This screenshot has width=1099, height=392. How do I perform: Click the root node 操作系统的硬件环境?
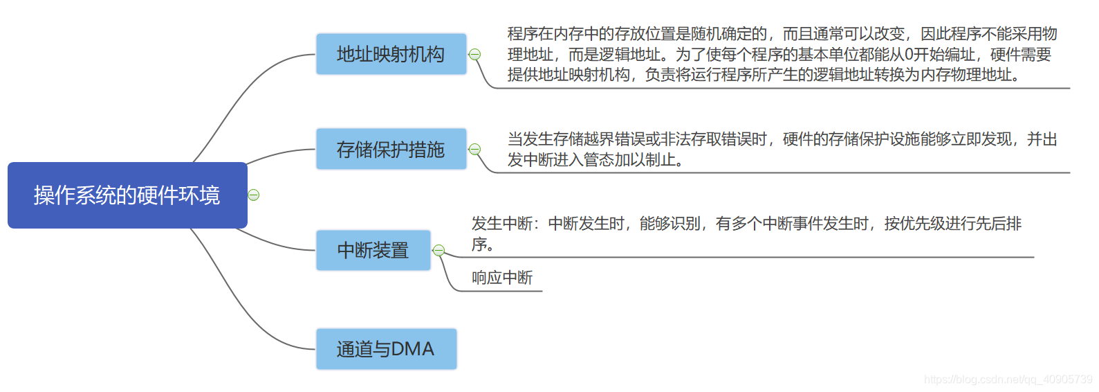click(127, 195)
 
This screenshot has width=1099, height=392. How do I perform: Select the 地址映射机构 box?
click(391, 54)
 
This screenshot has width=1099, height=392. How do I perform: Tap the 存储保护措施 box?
click(391, 149)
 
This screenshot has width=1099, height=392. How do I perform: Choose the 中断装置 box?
click(373, 250)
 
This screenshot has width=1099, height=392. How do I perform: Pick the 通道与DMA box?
click(386, 349)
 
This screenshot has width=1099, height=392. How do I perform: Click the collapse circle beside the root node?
click(254, 195)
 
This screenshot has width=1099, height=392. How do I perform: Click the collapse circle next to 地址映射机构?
click(474, 54)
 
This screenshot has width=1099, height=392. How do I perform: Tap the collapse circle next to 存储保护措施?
click(474, 149)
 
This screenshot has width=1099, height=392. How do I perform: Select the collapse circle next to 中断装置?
click(438, 250)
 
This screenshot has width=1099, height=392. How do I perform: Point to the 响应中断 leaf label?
click(502, 278)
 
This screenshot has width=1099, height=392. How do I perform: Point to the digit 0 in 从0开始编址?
click(909, 55)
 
